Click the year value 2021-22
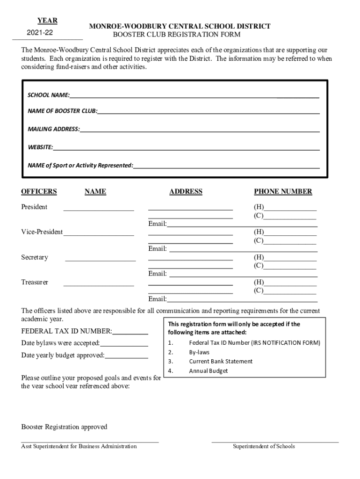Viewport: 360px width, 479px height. pyautogui.click(x=40, y=33)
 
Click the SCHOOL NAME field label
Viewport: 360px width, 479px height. pyautogui.click(x=49, y=95)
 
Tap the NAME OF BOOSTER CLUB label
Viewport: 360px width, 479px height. pyautogui.click(x=63, y=111)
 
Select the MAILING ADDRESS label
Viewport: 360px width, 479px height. pyautogui.click(x=54, y=129)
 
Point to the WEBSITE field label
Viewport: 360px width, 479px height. pyautogui.click(x=40, y=147)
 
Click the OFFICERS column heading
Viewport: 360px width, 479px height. pyautogui.click(x=39, y=191)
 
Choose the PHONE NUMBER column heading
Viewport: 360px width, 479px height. pyautogui.click(x=283, y=191)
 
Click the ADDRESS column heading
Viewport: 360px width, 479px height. pyautogui.click(x=186, y=191)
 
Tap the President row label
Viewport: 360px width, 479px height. pyautogui.click(x=34, y=207)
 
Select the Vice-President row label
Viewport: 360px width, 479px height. pyautogui.click(x=42, y=232)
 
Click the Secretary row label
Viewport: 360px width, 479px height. pyautogui.click(x=35, y=257)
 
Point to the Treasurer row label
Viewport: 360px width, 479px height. pyautogui.click(x=35, y=282)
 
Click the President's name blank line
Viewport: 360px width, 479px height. pyautogui.click(x=99, y=209)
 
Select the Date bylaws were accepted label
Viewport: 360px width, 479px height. pyautogui.click(x=60, y=343)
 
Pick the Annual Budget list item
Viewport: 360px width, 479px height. pyautogui.click(x=209, y=371)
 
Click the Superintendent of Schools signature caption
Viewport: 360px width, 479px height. pyautogui.click(x=264, y=446)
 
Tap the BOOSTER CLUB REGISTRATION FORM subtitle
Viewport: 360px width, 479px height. pyautogui.click(x=177, y=35)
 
